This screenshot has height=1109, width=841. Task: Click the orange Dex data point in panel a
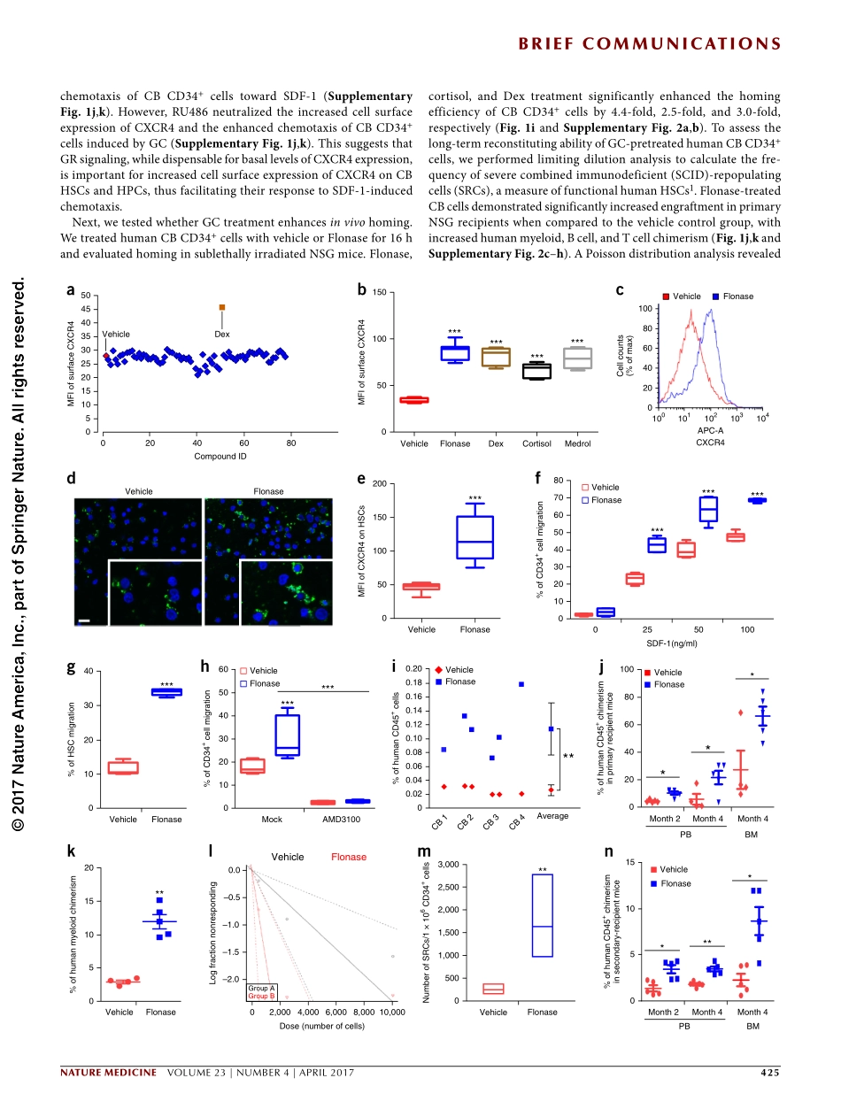222,307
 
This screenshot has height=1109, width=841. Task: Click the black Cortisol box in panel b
536,371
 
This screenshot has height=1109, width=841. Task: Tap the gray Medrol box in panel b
577,358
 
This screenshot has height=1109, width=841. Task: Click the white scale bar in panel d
84,620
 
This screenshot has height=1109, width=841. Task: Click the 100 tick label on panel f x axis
748,629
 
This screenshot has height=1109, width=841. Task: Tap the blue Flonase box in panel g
166,692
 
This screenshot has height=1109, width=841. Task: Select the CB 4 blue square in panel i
521,684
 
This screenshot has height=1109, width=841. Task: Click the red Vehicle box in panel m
493,989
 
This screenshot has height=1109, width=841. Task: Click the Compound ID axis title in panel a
220,456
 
